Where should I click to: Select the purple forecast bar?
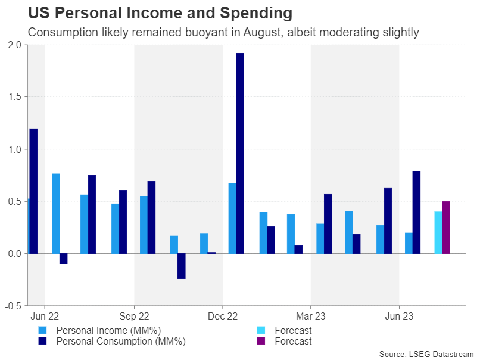[x=446, y=227]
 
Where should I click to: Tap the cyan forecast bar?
[x=438, y=232]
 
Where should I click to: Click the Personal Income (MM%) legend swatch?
[x=42, y=330]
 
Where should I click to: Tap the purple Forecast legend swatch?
[x=260, y=341]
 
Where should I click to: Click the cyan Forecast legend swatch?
[x=260, y=330]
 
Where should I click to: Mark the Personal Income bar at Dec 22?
[x=232, y=218]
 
